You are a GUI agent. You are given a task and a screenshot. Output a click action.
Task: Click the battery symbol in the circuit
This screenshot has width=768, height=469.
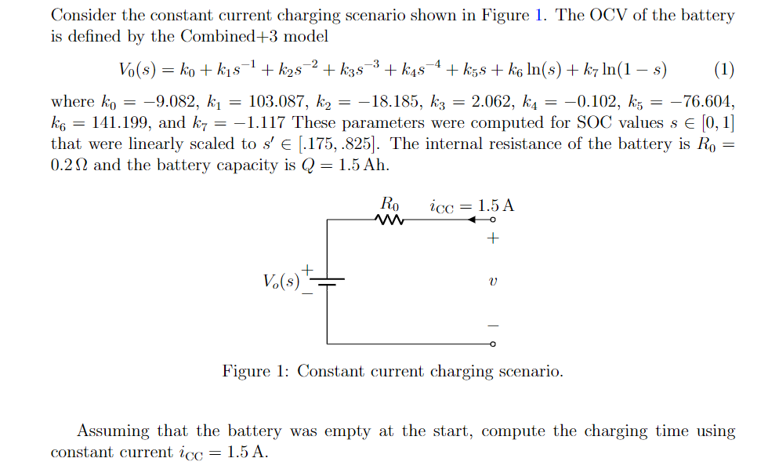[327, 282]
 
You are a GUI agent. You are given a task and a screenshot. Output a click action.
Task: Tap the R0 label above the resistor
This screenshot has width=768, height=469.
[389, 204]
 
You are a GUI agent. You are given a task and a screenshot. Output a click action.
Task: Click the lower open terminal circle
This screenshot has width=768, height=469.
[492, 344]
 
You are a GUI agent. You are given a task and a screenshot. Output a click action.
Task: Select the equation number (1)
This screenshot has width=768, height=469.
[724, 70]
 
